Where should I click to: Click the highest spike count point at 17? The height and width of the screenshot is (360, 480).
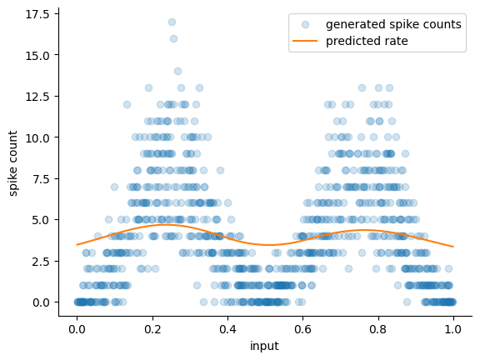pyautogui.click(x=172, y=22)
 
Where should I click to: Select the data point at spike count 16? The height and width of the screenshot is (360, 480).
pyautogui.click(x=173, y=39)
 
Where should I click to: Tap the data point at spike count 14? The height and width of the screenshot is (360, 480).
pyautogui.click(x=177, y=72)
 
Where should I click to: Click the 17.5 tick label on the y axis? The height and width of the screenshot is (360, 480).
pyautogui.click(x=37, y=14)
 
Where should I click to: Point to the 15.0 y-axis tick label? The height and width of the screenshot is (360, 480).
pyautogui.click(x=37, y=56)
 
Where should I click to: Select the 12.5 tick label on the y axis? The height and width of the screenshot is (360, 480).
pyautogui.click(x=37, y=97)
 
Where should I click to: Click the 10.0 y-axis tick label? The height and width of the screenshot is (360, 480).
pyautogui.click(x=37, y=138)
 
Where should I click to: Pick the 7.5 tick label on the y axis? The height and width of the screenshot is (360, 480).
pyautogui.click(x=41, y=179)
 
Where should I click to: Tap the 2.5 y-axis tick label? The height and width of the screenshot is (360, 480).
pyautogui.click(x=41, y=262)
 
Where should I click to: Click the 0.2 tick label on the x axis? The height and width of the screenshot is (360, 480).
pyautogui.click(x=152, y=329)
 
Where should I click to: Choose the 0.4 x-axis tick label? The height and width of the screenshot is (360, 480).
pyautogui.click(x=227, y=329)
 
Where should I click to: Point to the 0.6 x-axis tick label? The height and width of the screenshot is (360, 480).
pyautogui.click(x=303, y=329)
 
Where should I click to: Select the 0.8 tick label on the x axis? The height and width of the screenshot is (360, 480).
pyautogui.click(x=378, y=329)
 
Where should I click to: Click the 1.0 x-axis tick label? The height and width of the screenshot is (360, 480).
pyautogui.click(x=453, y=329)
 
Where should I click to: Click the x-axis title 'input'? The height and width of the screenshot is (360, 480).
pyautogui.click(x=264, y=346)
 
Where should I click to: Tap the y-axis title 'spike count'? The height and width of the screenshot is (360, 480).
pyautogui.click(x=12, y=163)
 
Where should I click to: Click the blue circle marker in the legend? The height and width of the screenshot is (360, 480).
pyautogui.click(x=305, y=24)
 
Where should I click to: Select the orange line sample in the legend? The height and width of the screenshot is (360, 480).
pyautogui.click(x=305, y=41)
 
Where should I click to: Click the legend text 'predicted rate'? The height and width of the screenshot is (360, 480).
pyautogui.click(x=367, y=41)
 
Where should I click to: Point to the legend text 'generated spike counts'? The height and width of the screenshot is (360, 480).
pyautogui.click(x=393, y=24)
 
